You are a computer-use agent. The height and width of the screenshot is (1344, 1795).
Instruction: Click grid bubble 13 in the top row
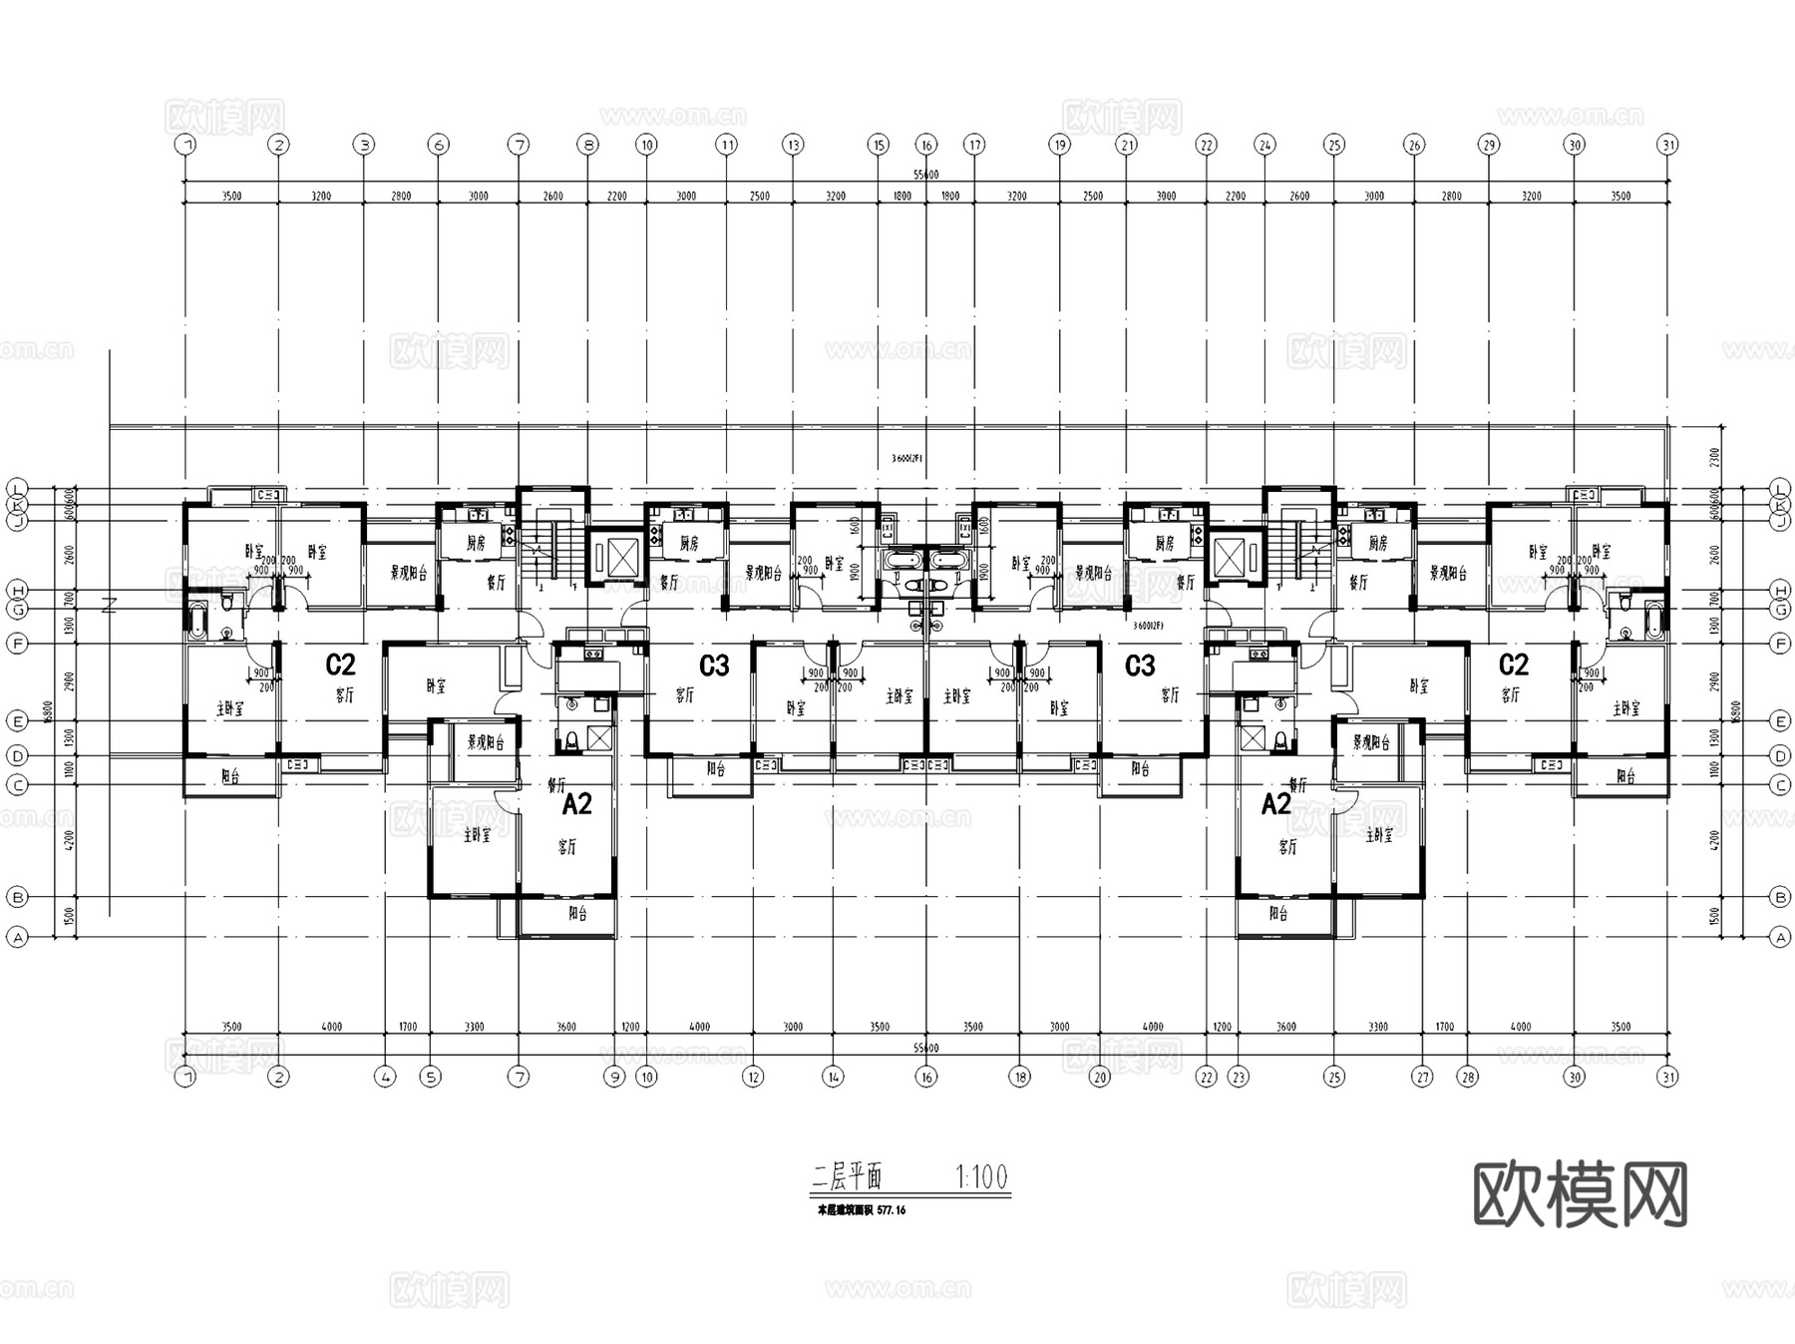(x=793, y=145)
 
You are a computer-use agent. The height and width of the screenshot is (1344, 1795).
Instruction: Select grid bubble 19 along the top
(x=1059, y=145)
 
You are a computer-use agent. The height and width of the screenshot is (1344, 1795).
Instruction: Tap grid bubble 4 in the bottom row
(x=386, y=1077)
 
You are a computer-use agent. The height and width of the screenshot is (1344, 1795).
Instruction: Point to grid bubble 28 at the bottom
(x=1467, y=1077)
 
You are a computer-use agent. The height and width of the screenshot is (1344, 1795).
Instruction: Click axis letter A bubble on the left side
(x=17, y=938)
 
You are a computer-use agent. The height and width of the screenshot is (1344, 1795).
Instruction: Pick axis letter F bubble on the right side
(x=1781, y=645)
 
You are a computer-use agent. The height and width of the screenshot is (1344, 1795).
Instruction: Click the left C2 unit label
(x=341, y=665)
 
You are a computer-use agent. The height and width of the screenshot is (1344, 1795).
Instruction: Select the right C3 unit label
(x=1140, y=666)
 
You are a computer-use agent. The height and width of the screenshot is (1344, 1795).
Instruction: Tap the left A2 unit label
(x=577, y=804)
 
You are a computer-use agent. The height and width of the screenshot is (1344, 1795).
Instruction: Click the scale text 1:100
(x=981, y=1177)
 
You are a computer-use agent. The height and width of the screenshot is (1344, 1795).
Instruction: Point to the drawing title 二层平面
(x=847, y=1177)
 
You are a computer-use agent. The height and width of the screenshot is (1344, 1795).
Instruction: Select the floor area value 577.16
(x=892, y=1210)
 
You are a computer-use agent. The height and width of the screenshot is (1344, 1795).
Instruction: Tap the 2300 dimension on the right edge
(x=1715, y=457)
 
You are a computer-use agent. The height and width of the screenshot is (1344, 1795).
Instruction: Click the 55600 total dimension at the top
(x=926, y=176)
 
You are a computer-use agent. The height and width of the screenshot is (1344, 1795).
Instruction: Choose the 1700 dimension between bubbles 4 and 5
(x=408, y=1027)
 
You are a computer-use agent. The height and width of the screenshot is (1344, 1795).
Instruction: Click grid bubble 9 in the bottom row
(x=615, y=1077)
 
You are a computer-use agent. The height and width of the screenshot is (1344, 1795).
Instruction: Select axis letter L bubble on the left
(x=17, y=488)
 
